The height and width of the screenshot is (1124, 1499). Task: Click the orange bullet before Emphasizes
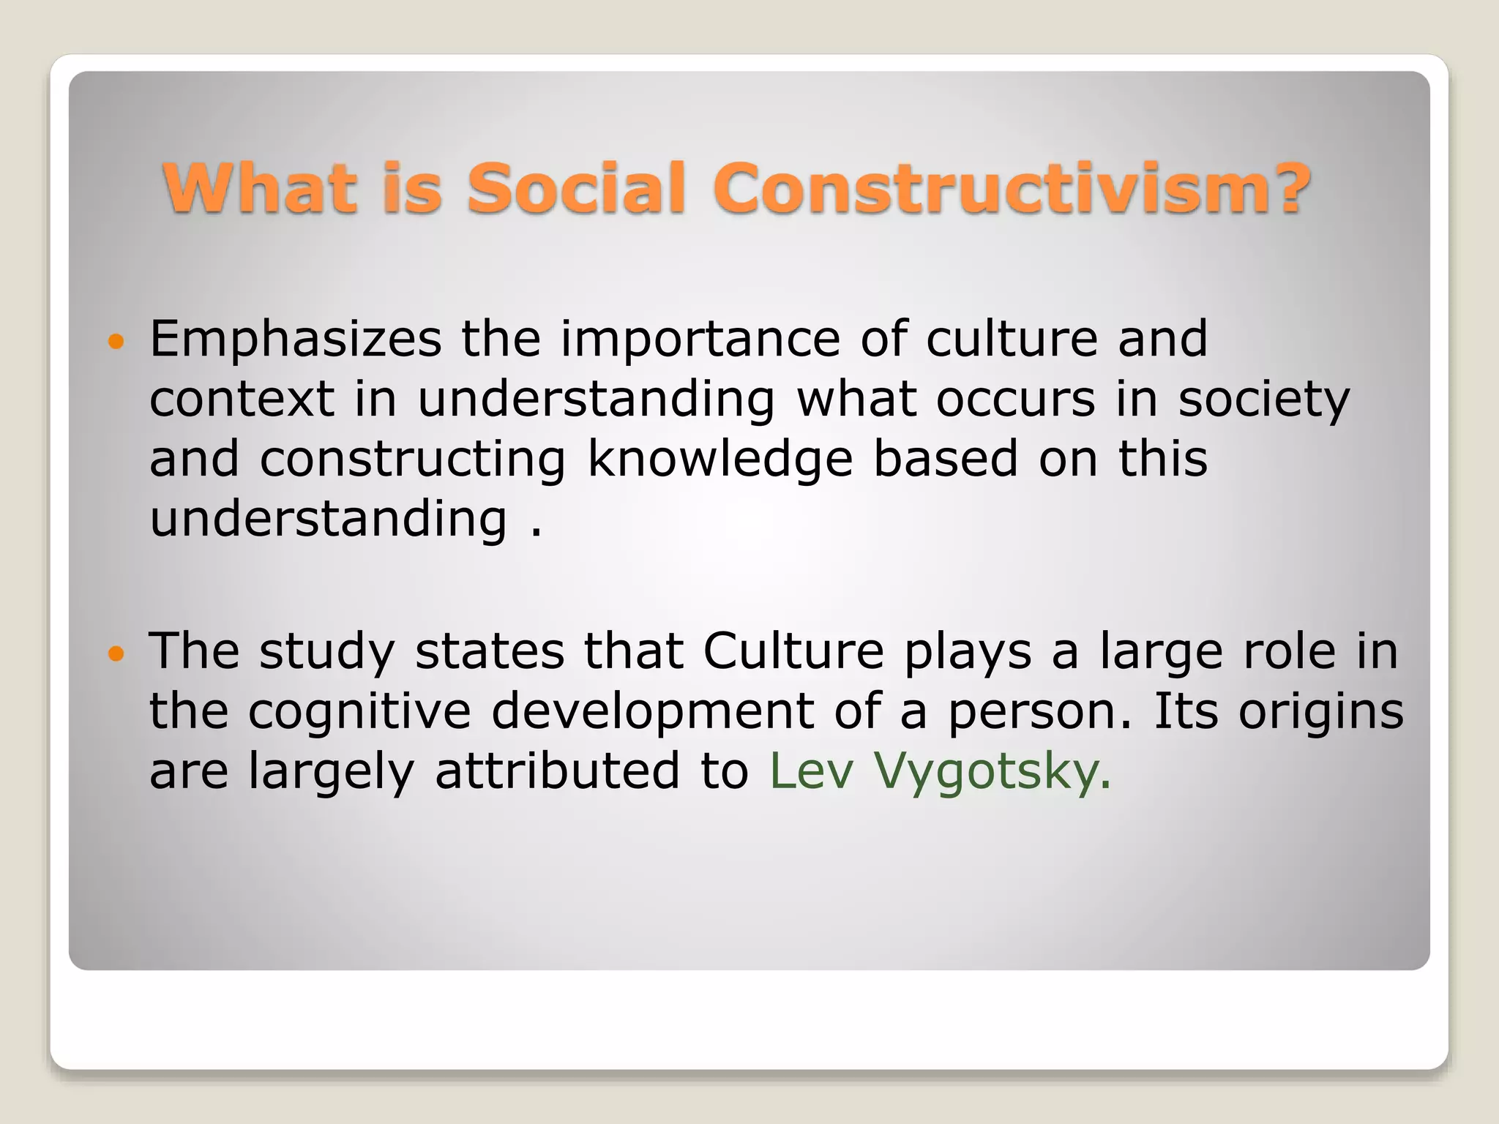116,340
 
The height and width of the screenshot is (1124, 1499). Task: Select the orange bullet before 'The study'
116,652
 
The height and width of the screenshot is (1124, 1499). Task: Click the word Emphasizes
296,340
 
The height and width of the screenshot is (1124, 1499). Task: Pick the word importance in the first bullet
700,340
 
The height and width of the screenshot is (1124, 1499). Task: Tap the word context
242,400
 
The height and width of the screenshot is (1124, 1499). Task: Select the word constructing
413,460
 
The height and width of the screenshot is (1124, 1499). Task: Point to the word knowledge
720,460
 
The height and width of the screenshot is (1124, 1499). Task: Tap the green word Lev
812,772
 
